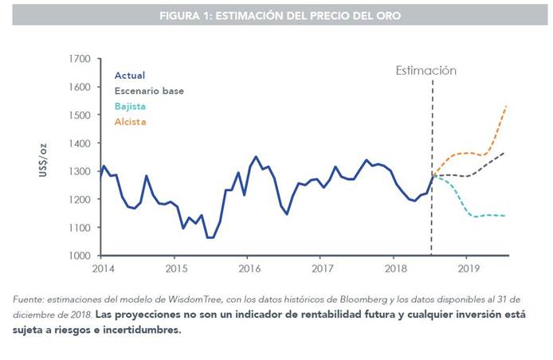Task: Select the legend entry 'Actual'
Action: [130, 76]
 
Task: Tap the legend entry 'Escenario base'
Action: [149, 91]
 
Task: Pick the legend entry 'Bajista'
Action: [131, 106]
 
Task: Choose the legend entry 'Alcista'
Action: [131, 122]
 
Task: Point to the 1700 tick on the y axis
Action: [79, 59]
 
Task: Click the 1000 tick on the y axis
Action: [79, 256]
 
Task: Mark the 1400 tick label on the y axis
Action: [79, 143]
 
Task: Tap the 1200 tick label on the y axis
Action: [79, 199]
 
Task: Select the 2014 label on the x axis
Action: [104, 269]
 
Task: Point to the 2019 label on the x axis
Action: [469, 269]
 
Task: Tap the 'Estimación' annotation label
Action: [426, 70]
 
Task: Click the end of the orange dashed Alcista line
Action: [508, 105]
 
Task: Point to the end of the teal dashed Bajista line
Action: [508, 216]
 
